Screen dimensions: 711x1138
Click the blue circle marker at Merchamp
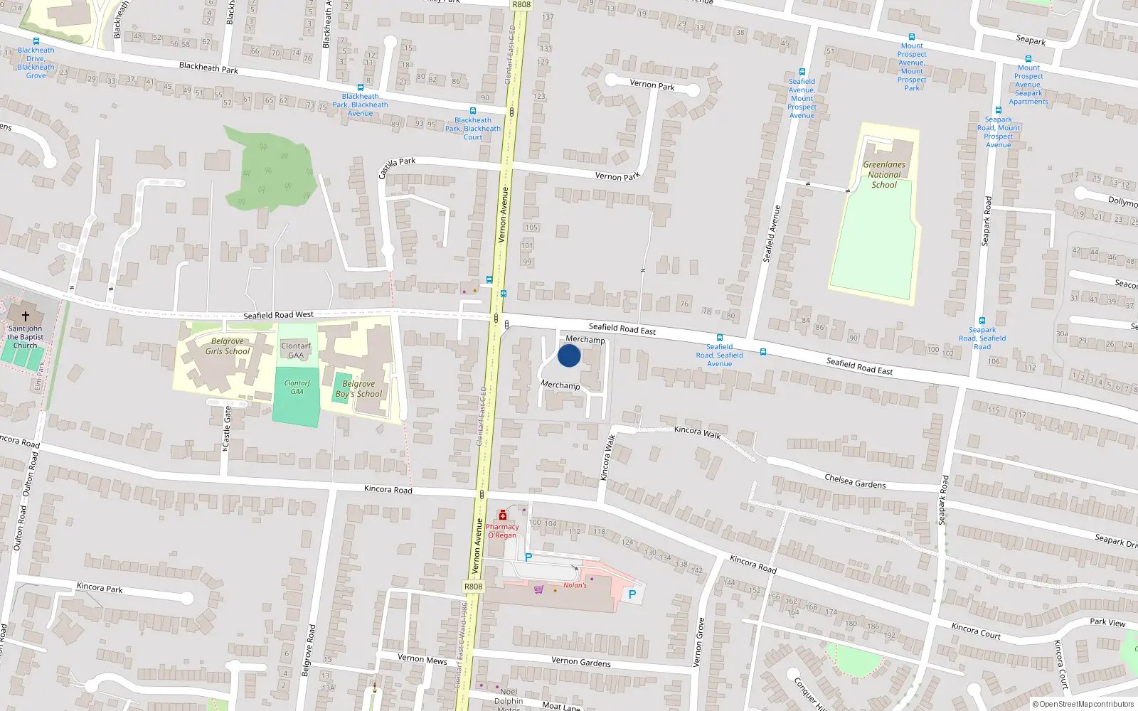coord(569,355)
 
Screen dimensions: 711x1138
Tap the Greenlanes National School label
coord(884,174)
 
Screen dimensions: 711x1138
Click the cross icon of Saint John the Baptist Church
coord(26,316)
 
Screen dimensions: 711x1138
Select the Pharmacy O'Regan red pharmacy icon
coord(503,515)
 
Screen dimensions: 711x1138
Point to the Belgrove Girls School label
coord(228,346)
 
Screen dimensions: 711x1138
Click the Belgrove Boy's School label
coord(358,389)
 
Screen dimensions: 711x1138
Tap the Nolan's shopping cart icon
coord(539,589)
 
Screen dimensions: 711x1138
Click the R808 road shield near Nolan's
coord(473,587)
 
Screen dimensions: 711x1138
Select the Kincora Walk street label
coord(697,432)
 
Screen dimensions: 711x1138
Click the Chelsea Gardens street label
coord(855,482)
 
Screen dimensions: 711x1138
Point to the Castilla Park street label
coord(396,167)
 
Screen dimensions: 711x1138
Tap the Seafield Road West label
coord(278,315)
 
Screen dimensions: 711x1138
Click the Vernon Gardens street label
coord(580,661)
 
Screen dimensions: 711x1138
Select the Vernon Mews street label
coord(422,659)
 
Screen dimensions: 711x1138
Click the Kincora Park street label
coord(100,588)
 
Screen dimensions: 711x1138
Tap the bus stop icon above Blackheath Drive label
coord(36,41)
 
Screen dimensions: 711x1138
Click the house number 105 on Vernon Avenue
coord(531,228)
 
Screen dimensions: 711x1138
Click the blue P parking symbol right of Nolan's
coord(632,594)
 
